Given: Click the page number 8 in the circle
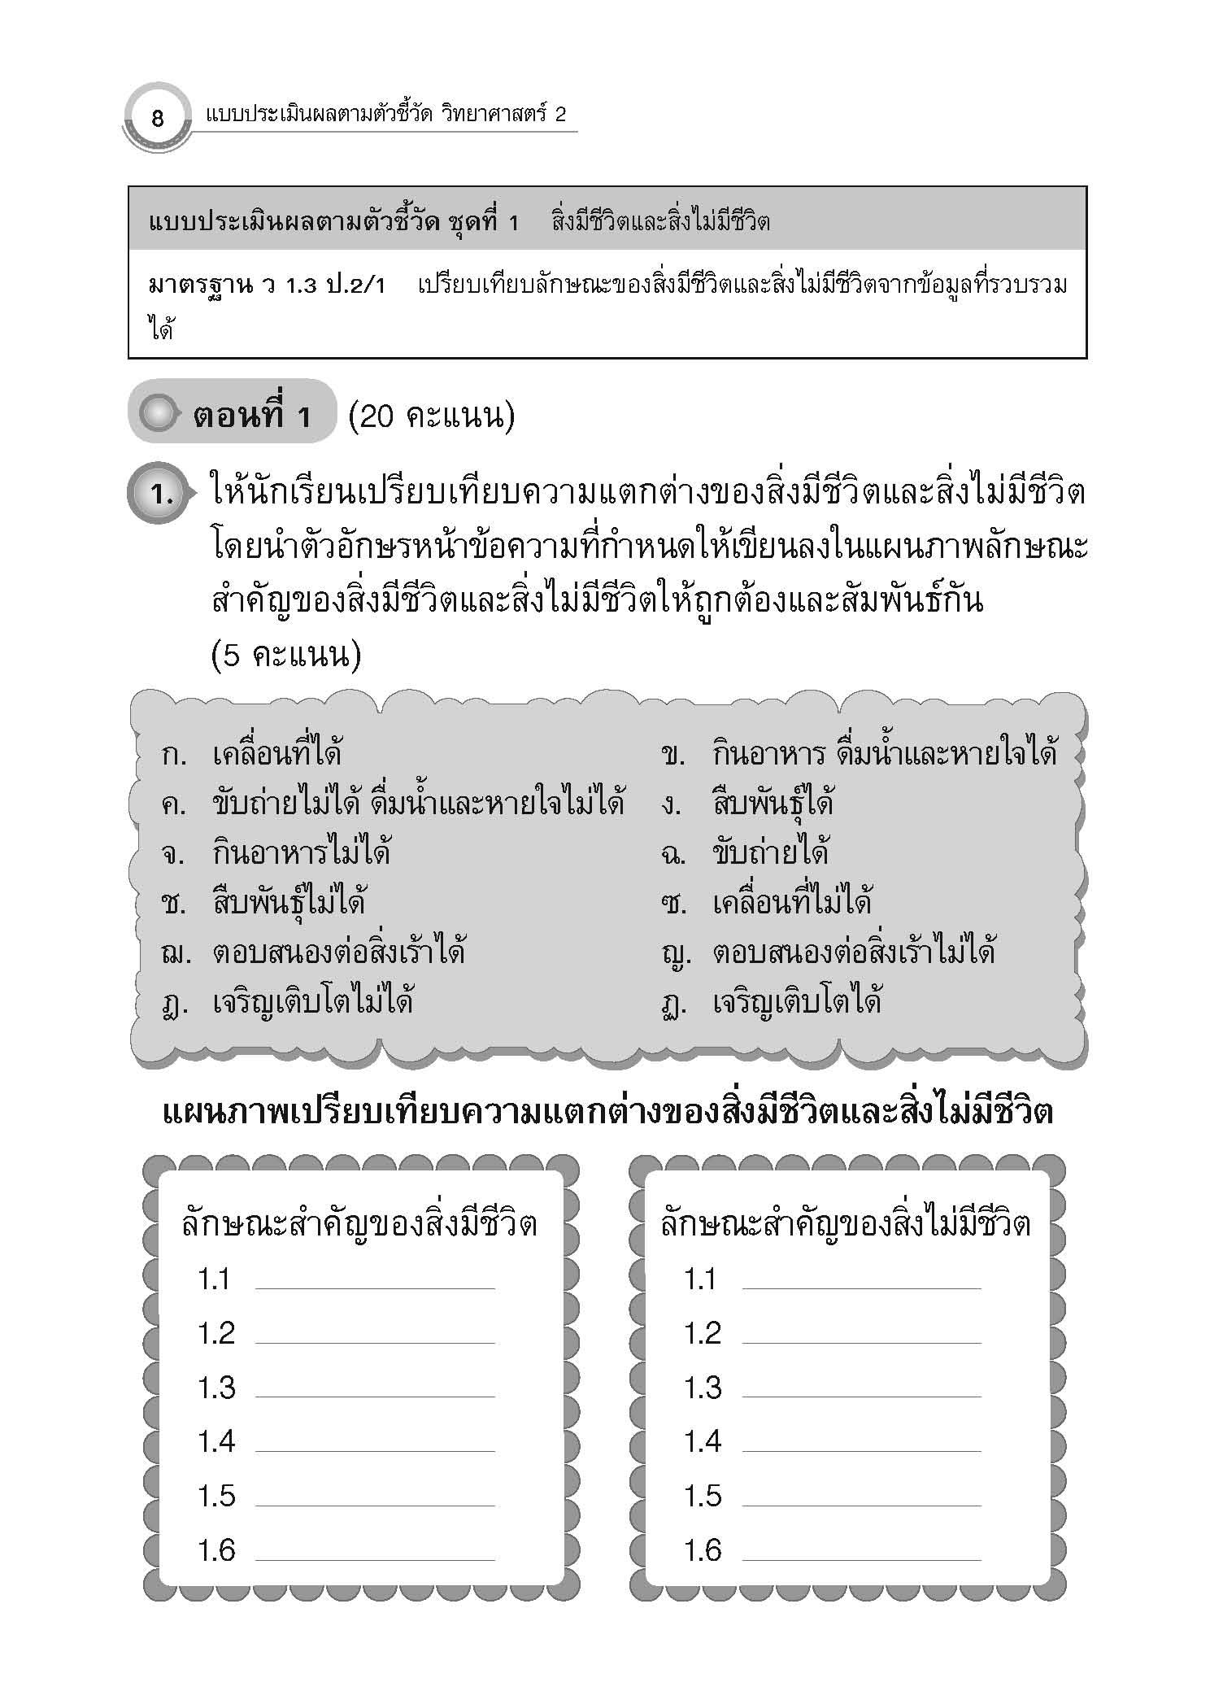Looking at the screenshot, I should point(158,119).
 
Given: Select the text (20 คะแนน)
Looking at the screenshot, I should point(431,416).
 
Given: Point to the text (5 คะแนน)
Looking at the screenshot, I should point(285,656).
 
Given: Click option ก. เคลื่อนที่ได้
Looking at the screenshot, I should point(252,754).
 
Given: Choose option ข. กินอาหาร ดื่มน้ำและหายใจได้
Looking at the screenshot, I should point(859,754).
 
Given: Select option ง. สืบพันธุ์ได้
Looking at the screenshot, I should point(747,804).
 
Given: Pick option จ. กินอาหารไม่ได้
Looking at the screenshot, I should point(276,853).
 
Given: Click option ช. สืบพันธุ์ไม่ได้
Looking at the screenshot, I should point(264,903).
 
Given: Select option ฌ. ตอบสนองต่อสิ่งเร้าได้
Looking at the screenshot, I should point(313,952).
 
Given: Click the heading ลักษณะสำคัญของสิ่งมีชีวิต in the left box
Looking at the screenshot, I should point(359,1225).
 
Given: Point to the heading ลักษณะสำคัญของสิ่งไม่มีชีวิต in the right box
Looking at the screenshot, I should point(846,1225).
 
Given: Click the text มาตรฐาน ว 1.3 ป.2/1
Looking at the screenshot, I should point(268,286).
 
